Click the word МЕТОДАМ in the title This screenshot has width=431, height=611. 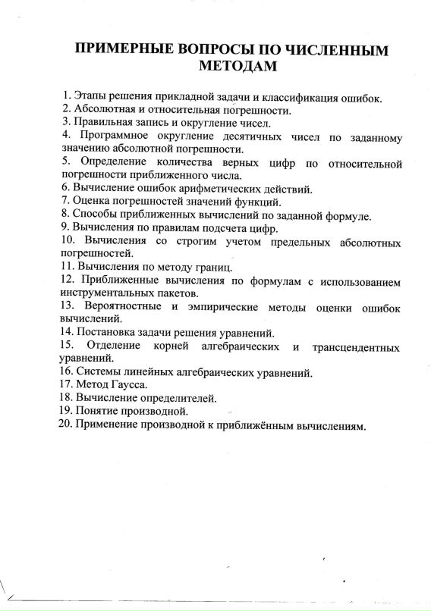[x=236, y=67]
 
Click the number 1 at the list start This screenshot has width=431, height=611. [x=66, y=96]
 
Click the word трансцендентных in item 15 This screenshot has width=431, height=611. [x=356, y=346]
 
